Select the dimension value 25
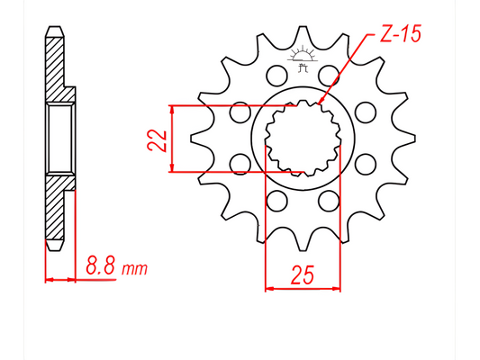point(303,274)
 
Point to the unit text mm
point(134,268)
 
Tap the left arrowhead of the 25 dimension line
point(267,289)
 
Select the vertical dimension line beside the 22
point(171,138)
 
